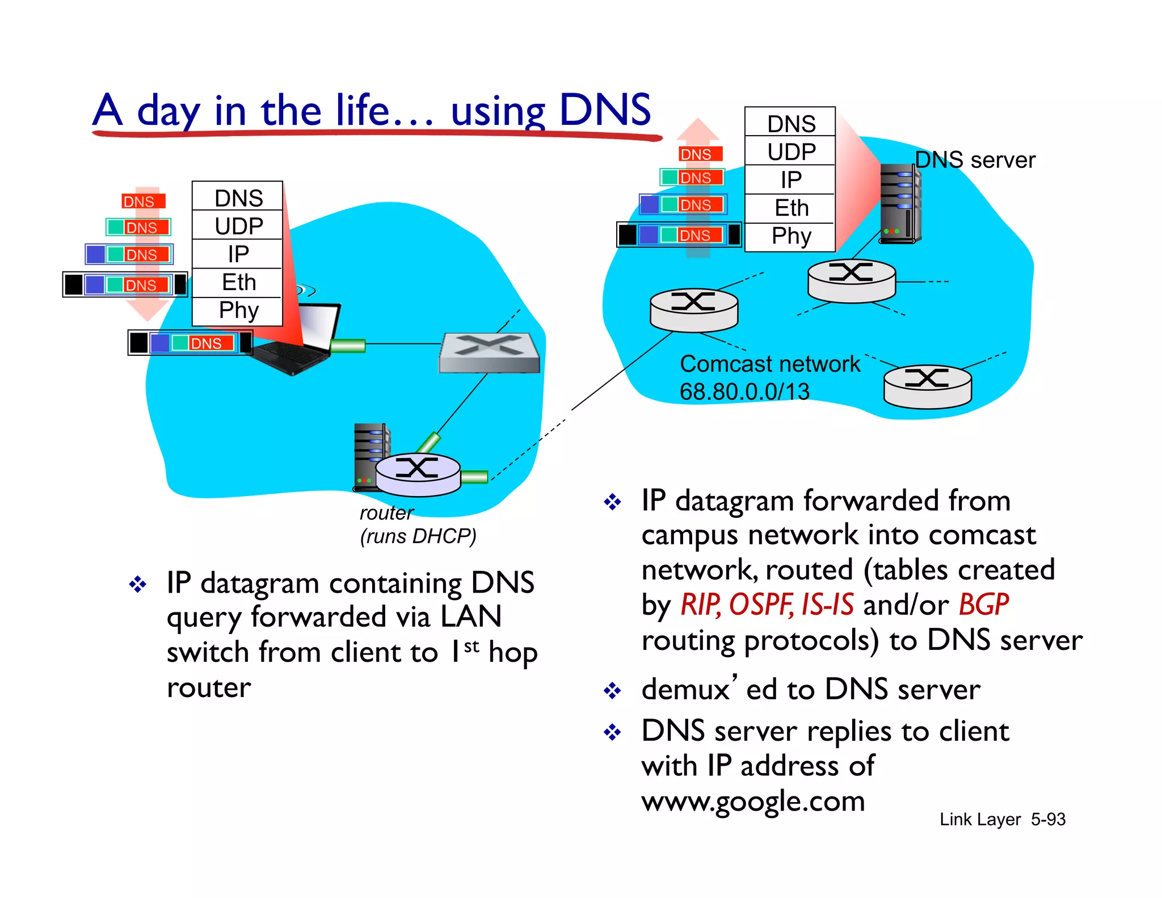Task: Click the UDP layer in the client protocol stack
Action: [238, 226]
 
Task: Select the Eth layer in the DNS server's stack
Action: [790, 208]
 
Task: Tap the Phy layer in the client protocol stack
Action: [238, 310]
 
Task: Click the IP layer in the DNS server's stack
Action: [790, 180]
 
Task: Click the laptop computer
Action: [301, 341]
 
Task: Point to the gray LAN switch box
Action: [489, 353]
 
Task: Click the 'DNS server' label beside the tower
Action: [975, 161]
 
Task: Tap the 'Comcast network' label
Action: [769, 364]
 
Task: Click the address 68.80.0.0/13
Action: [744, 392]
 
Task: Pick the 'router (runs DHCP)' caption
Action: [417, 525]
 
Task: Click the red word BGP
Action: [983, 605]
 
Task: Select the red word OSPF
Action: [760, 605]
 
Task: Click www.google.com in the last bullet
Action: [753, 802]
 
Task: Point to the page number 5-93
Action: [1048, 819]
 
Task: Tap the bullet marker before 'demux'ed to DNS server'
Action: [612, 691]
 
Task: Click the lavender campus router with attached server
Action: [418, 473]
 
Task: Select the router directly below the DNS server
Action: [851, 280]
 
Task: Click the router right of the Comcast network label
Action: [927, 386]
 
